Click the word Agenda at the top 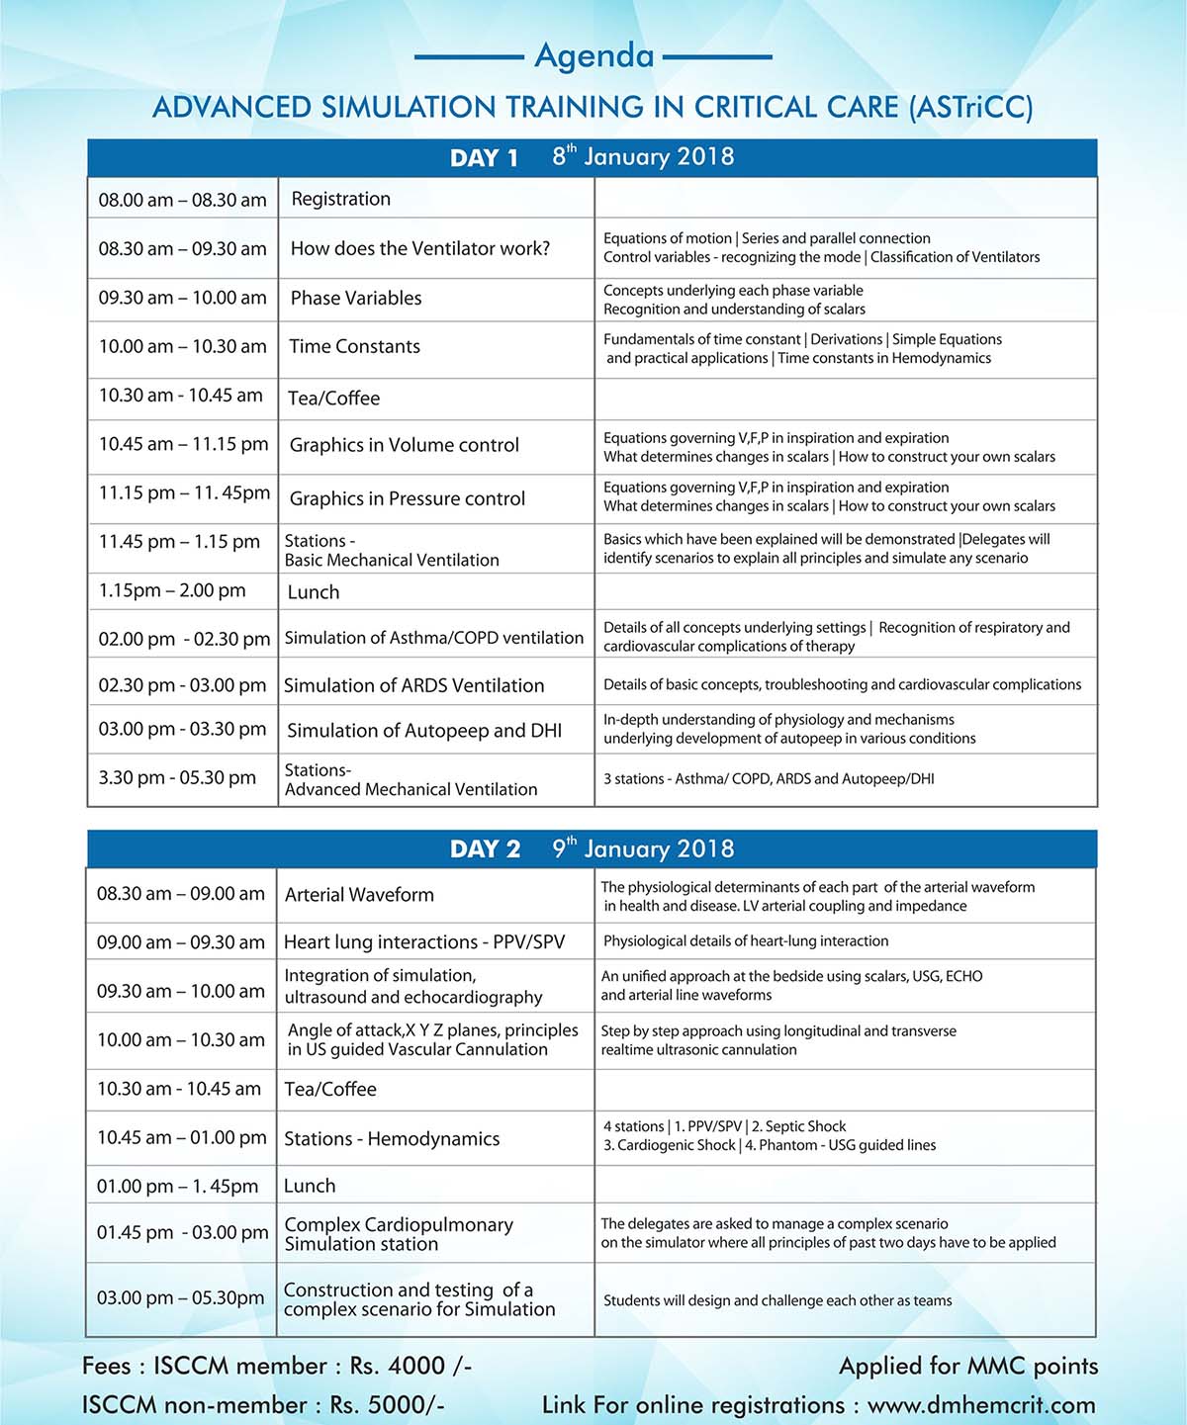(593, 56)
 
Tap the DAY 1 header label (484, 158)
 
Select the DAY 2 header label (485, 849)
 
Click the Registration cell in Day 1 (340, 199)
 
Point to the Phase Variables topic (356, 298)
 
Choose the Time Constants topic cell (354, 346)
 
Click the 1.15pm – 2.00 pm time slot (172, 590)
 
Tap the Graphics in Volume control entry (404, 445)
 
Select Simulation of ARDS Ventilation (413, 685)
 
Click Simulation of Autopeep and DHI (424, 731)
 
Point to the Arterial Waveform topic (359, 895)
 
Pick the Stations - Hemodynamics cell (392, 1139)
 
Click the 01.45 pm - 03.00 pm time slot (182, 1232)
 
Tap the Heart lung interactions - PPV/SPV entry (424, 942)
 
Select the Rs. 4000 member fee (411, 1366)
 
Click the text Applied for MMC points (968, 1366)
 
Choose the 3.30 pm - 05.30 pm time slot (177, 777)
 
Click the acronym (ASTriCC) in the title (970, 107)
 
